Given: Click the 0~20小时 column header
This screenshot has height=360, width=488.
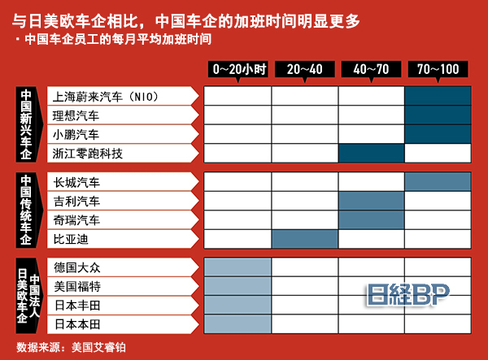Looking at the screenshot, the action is point(238,69).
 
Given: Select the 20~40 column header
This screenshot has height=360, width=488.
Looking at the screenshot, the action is point(305,69).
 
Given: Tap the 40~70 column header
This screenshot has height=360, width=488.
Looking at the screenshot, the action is point(372,69).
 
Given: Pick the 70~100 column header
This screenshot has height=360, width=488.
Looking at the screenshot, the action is point(438,69).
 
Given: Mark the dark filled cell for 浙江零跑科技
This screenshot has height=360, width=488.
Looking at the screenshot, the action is point(372,154).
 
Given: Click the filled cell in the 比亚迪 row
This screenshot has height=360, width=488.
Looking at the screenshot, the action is point(305,239).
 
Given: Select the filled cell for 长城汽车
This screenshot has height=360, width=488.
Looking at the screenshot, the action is point(438,182).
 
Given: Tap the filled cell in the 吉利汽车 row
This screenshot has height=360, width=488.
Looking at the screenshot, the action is point(372,201).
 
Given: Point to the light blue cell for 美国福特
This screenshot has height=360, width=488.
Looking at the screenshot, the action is point(237,286).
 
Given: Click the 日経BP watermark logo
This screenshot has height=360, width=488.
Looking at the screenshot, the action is point(408,294).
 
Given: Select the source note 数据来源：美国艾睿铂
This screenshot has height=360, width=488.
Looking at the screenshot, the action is point(72,347).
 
